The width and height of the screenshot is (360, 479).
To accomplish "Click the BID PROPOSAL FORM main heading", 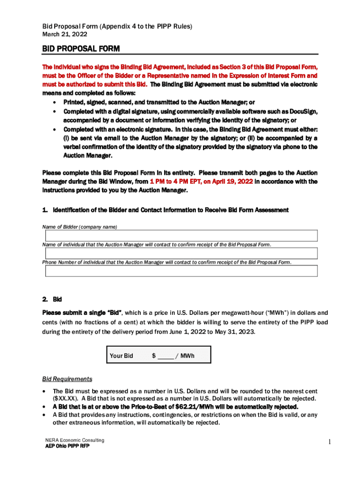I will (x=81, y=49).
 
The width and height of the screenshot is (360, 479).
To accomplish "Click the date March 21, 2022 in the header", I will (x=65, y=34).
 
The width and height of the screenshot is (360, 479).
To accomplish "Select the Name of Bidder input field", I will (x=180, y=236).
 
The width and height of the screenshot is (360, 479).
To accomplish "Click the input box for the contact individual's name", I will (x=180, y=253).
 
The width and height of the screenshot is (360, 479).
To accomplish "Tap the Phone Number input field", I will (x=180, y=271).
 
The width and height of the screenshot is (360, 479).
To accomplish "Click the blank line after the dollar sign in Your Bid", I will (x=166, y=356).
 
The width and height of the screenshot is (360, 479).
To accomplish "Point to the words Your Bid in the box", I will (x=121, y=356).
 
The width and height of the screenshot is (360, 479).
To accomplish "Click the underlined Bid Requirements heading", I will (x=67, y=379).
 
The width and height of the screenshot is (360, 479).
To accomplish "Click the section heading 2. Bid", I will (x=52, y=299).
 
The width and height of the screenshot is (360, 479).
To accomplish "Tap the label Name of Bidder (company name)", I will (x=79, y=227).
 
